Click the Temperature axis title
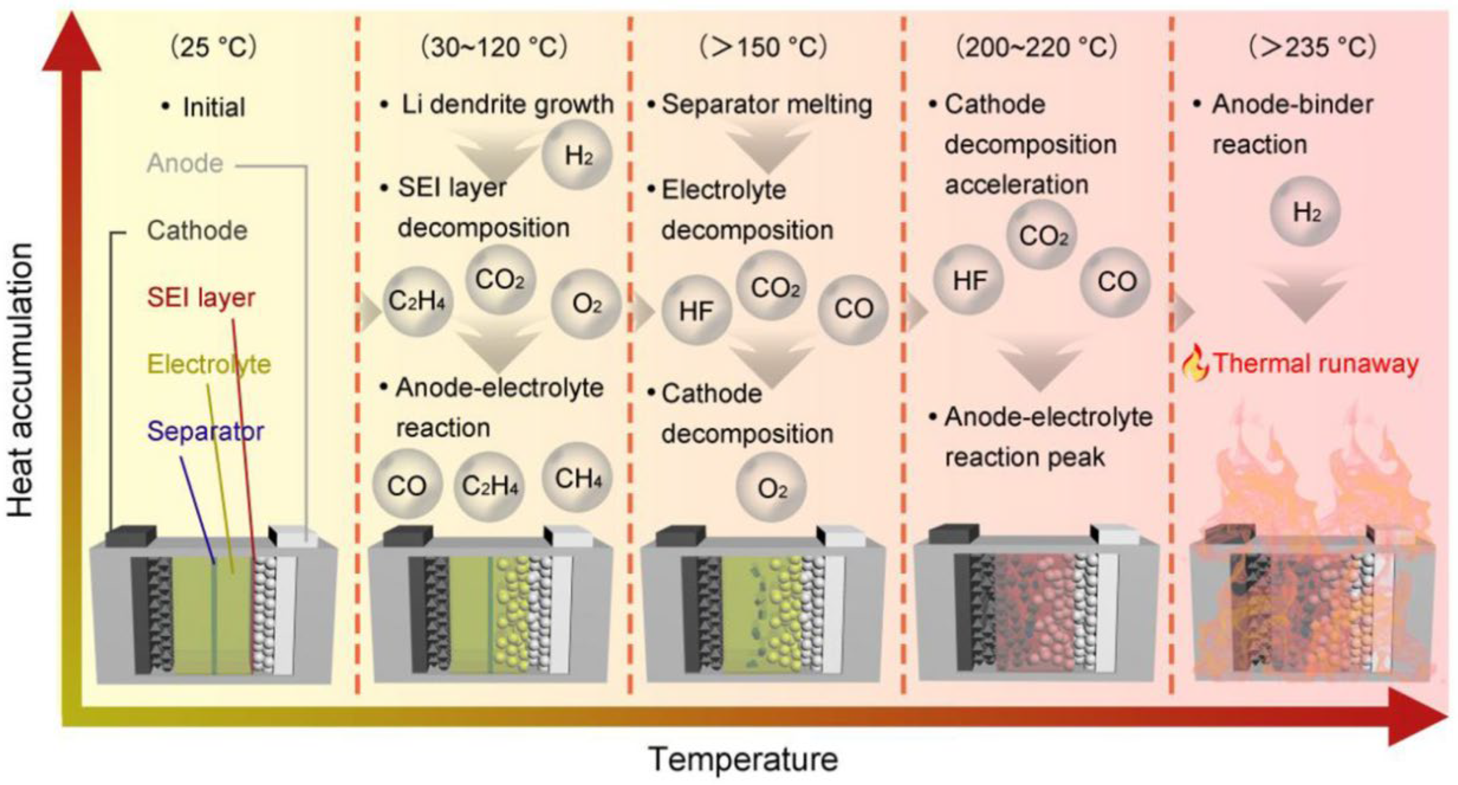pos(743,759)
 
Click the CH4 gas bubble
pos(577,478)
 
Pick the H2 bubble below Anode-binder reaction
pos(1306,212)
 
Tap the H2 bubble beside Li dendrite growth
pos(577,155)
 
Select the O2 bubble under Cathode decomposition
pos(771,488)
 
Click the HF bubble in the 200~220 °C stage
pos(969,280)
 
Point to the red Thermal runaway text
pos(1315,363)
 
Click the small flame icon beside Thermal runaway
pos(1195,363)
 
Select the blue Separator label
pos(205,432)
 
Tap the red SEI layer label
pos(201,297)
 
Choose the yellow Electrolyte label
pos(209,364)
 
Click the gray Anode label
pos(185,164)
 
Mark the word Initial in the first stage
pos(214,107)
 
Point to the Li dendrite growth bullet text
pos(507,104)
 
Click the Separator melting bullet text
pos(766,104)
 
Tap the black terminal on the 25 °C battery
pos(131,536)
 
